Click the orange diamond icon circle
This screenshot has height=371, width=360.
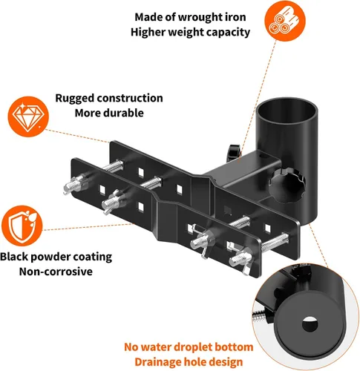point(28,116)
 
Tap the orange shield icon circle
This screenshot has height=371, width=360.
point(22,226)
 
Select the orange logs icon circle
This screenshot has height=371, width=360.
point(285,21)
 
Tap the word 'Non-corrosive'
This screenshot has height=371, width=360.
point(56,272)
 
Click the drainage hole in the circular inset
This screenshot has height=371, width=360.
point(310,324)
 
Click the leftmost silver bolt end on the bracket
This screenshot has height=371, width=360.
point(73,185)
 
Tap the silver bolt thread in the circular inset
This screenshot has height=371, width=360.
point(259,317)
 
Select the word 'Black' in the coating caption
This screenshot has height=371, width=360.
point(14,257)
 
